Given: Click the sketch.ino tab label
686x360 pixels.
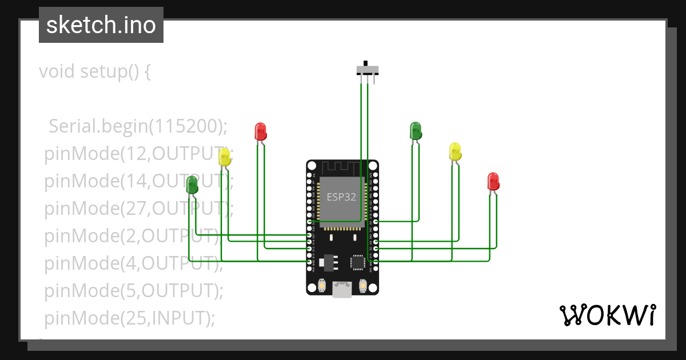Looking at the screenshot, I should [x=101, y=25].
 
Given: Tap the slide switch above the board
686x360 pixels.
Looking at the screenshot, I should [x=367, y=69].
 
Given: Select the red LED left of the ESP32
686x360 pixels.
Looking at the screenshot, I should [x=260, y=131].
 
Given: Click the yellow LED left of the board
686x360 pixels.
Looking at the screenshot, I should [x=225, y=158].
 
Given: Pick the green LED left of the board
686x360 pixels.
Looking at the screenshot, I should [x=192, y=184].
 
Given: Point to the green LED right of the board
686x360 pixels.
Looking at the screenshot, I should [x=416, y=130].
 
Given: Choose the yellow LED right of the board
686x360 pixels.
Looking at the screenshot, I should [x=455, y=152].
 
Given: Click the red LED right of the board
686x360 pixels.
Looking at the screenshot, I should [x=493, y=181].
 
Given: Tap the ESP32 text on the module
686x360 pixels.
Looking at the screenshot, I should [x=341, y=197].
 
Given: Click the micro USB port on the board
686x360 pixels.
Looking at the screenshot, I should [x=342, y=290].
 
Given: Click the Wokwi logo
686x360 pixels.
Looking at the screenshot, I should [x=607, y=315].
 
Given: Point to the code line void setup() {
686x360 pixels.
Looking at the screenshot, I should [x=95, y=71].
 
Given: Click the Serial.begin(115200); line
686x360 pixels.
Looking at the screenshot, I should [x=138, y=126].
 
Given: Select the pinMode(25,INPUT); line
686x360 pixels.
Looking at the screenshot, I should [x=130, y=317].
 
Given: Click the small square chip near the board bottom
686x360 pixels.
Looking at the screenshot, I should [x=358, y=262].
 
